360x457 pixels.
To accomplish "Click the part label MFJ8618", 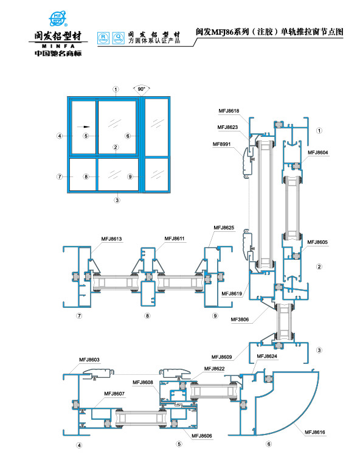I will click(x=229, y=110).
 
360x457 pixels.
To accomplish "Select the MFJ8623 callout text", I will click(x=229, y=127).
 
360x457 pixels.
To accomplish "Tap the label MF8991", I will click(x=223, y=144).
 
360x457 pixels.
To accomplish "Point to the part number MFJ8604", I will click(x=318, y=152).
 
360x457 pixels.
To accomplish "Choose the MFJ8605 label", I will click(x=317, y=242).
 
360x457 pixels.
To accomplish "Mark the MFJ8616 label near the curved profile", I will click(x=315, y=432).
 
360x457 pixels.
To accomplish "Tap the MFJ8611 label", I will click(x=175, y=239).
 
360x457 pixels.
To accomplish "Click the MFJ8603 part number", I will click(x=89, y=360).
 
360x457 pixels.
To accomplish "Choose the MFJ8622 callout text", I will click(x=215, y=369).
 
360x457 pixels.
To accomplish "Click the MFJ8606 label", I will click(x=201, y=436).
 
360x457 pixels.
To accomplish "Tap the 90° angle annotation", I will click(x=141, y=89).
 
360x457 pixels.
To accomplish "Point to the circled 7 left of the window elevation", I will click(x=60, y=176).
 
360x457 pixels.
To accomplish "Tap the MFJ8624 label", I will click(x=268, y=356).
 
